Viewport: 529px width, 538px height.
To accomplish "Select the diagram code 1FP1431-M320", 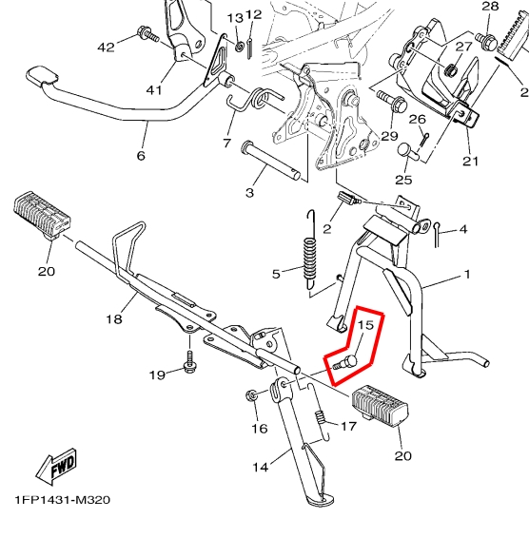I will (64, 499).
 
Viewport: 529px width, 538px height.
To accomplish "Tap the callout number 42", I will (106, 47).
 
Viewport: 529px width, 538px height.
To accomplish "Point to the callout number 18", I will (113, 319).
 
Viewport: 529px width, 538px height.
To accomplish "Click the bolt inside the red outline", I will (345, 363).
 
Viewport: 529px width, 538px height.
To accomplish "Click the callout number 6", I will (142, 156).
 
